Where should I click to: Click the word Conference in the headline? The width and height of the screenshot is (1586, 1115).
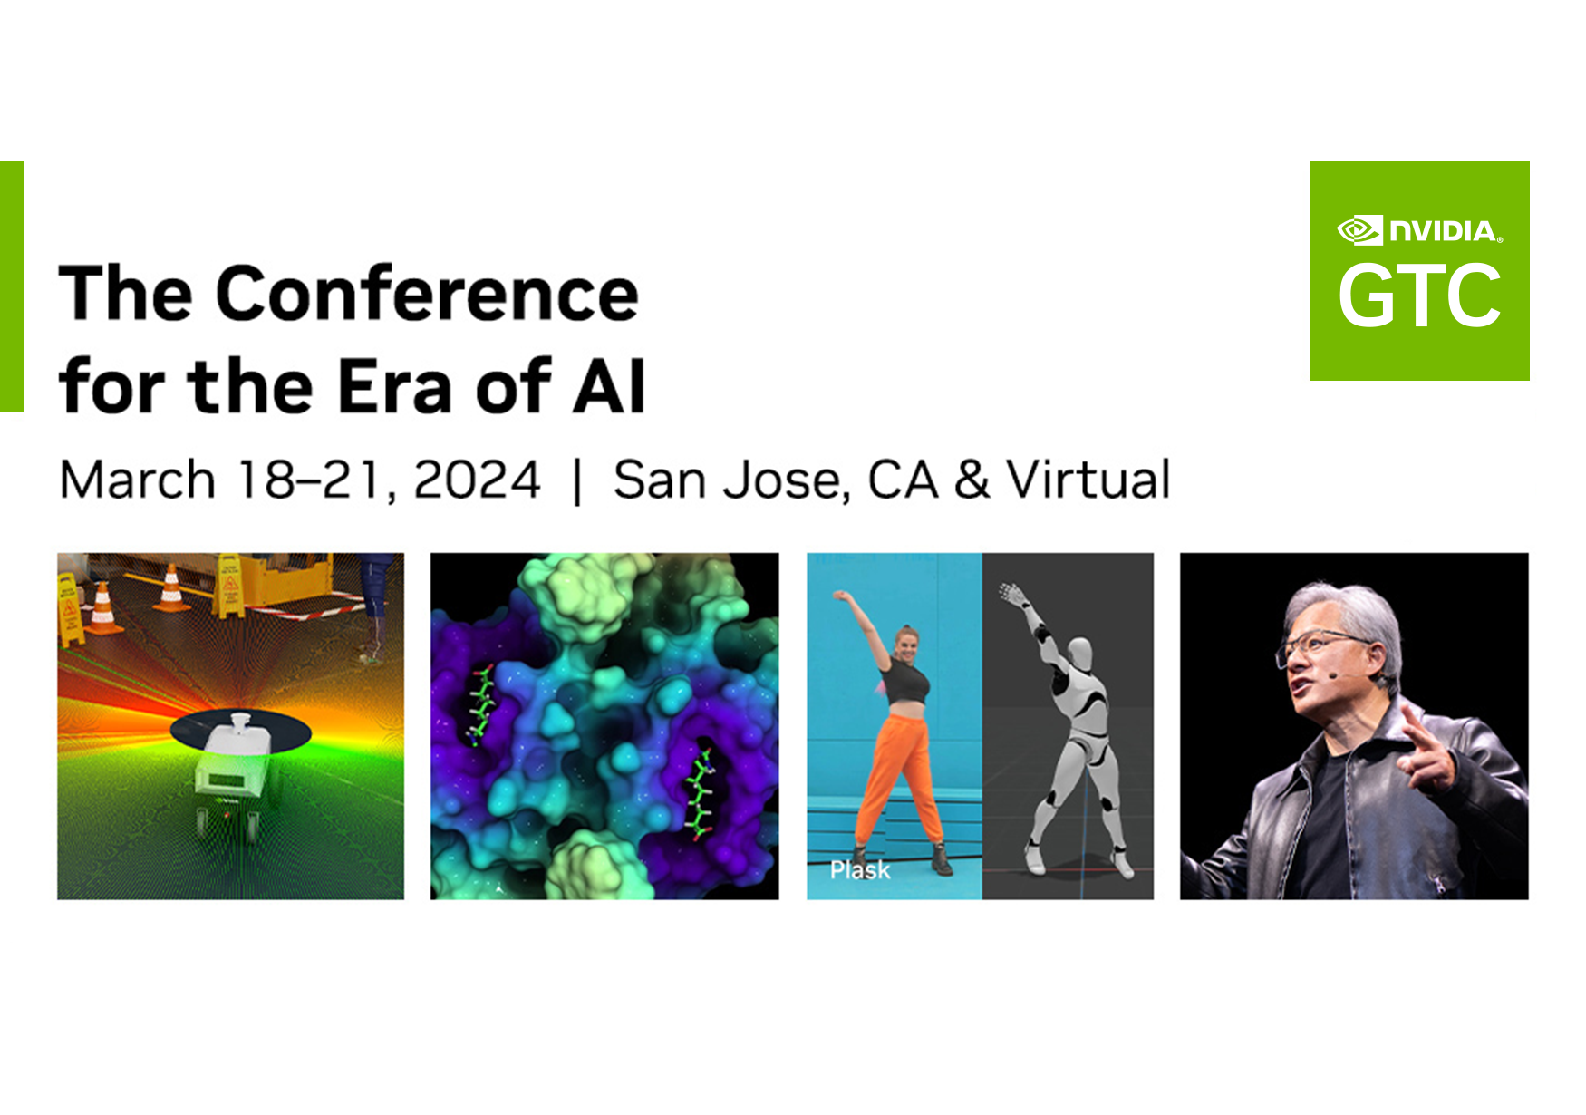pyautogui.click(x=427, y=295)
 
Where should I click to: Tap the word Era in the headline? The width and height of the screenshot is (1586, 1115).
pyautogui.click(x=394, y=387)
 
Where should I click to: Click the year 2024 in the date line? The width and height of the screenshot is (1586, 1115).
pyautogui.click(x=477, y=480)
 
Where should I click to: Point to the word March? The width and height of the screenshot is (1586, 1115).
pyautogui.click(x=137, y=480)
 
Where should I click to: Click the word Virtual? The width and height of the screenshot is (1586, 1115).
pyautogui.click(x=1088, y=480)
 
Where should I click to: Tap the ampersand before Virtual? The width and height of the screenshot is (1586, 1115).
pyautogui.click(x=972, y=480)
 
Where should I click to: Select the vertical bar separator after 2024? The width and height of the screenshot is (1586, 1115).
pyautogui.click(x=577, y=481)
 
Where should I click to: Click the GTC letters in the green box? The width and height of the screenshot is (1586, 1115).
pyautogui.click(x=1419, y=296)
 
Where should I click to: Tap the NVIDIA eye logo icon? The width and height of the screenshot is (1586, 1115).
pyautogui.click(x=1359, y=230)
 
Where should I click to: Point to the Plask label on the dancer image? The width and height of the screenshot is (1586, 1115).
pyautogui.click(x=859, y=870)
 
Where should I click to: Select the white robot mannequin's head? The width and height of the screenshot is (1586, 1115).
pyautogui.click(x=1079, y=652)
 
